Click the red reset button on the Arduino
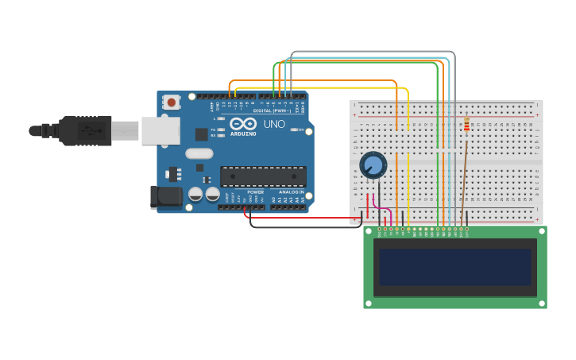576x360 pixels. tap(171, 102)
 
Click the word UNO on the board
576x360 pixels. tap(273, 125)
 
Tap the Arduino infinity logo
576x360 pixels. tap(243, 124)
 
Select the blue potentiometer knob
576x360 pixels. tap(373, 165)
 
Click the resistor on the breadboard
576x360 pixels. tap(466, 124)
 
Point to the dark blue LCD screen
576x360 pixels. tap(455, 267)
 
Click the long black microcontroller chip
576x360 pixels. tap(263, 176)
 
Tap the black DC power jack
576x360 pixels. tap(164, 198)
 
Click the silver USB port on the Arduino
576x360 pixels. tap(160, 130)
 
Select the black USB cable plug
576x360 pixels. tap(85, 130)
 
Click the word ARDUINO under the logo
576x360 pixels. tap(243, 134)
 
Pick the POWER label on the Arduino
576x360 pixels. tap(255, 192)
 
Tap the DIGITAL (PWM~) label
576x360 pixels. tap(272, 110)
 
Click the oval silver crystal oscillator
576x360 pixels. tap(199, 154)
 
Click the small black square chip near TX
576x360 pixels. tap(202, 134)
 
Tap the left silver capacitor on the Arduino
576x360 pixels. tap(195, 193)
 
